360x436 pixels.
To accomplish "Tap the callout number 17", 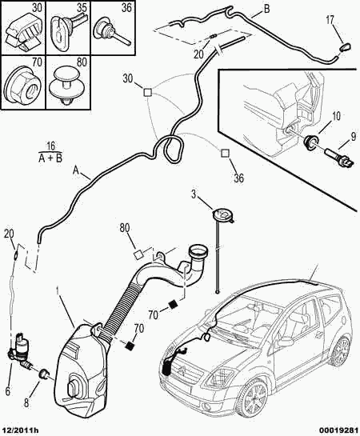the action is [x=330, y=20].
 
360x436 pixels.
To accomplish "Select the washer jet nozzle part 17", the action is [x=346, y=46].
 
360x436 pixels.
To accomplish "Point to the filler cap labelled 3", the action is [x=222, y=215].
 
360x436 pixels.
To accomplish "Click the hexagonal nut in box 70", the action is [x=23, y=84].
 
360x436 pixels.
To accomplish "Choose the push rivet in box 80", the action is [x=66, y=86].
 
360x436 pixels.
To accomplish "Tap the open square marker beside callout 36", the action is [x=225, y=154].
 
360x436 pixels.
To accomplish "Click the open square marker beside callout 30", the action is [x=148, y=92].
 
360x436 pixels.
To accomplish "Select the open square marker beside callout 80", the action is [x=138, y=254].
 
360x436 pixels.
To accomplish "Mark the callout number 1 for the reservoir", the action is [x=58, y=292].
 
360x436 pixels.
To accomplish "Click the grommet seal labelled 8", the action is [x=43, y=373].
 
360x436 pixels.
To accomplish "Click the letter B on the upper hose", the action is [x=266, y=9].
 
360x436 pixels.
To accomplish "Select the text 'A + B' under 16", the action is [x=50, y=158].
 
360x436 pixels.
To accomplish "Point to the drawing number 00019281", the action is [x=338, y=431].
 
